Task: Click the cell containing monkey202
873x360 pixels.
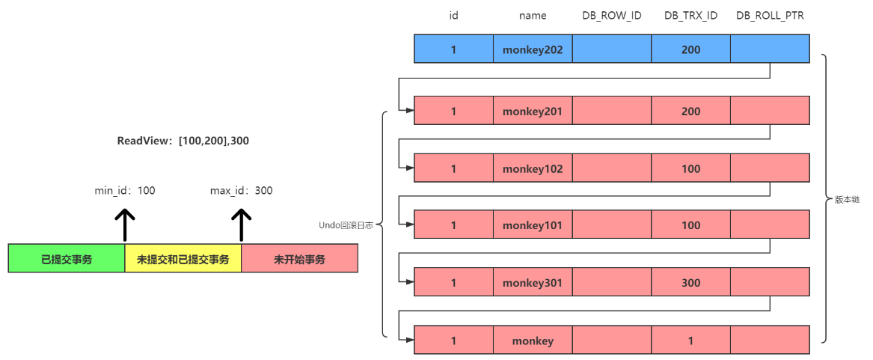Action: click(533, 49)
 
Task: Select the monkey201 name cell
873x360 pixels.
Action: click(533, 112)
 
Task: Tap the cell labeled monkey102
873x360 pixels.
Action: click(533, 168)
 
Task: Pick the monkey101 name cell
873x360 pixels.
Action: click(533, 225)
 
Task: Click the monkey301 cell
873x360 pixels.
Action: click(533, 283)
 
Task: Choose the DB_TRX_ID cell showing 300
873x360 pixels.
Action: click(690, 283)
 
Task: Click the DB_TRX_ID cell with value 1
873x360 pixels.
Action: click(690, 341)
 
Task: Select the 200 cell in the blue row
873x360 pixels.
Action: click(690, 49)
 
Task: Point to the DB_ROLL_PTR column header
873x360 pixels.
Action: click(770, 16)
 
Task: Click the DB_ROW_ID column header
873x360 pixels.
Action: click(611, 16)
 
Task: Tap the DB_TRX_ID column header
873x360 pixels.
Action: click(690, 16)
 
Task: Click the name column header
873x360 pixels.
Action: click(533, 16)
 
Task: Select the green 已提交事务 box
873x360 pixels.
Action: click(67, 259)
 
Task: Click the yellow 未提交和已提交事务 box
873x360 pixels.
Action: click(183, 259)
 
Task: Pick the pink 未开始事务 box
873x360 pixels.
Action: click(299, 259)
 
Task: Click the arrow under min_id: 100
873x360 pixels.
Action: click(125, 225)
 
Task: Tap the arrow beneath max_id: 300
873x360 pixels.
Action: click(242, 225)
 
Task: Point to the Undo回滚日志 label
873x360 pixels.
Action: click(346, 225)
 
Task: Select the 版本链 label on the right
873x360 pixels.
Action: click(847, 200)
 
